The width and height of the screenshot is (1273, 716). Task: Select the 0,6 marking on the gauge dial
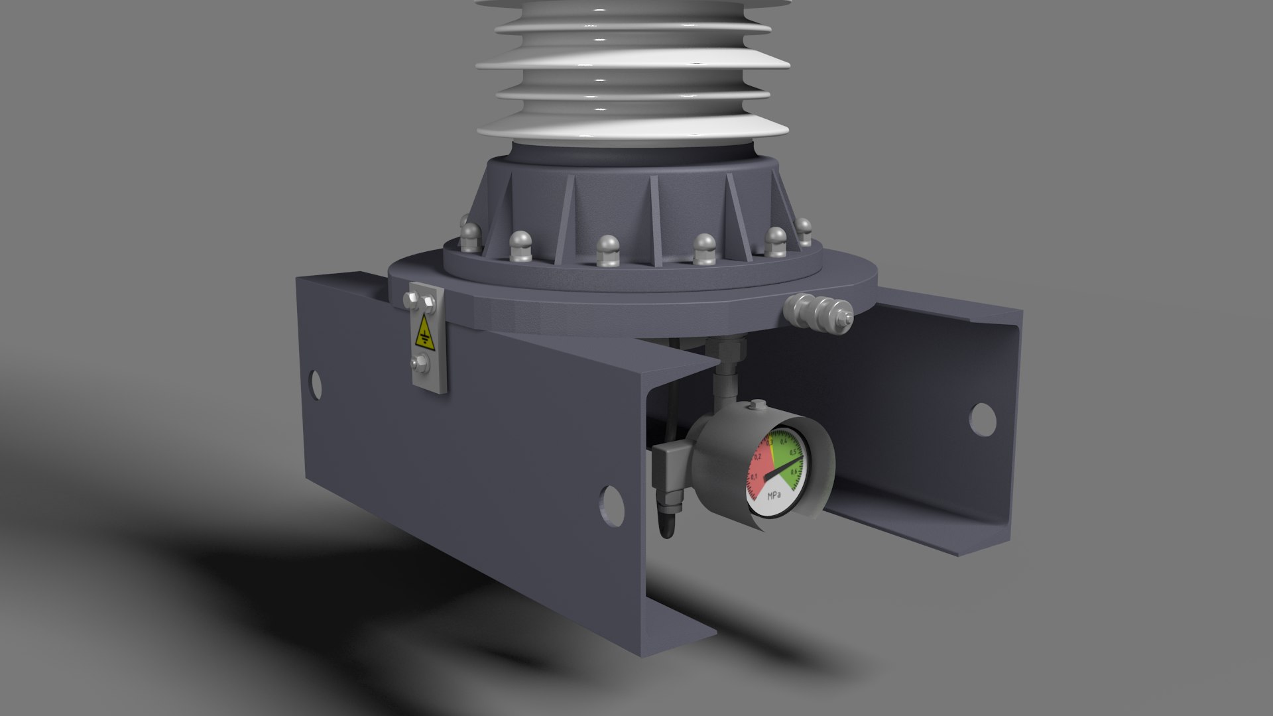pos(794,472)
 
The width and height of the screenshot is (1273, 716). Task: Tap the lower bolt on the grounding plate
pos(418,363)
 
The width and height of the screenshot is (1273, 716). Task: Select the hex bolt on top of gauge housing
pos(757,406)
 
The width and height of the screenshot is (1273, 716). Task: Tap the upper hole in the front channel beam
pos(316,385)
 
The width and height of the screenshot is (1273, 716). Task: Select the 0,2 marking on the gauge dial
pos(757,457)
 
